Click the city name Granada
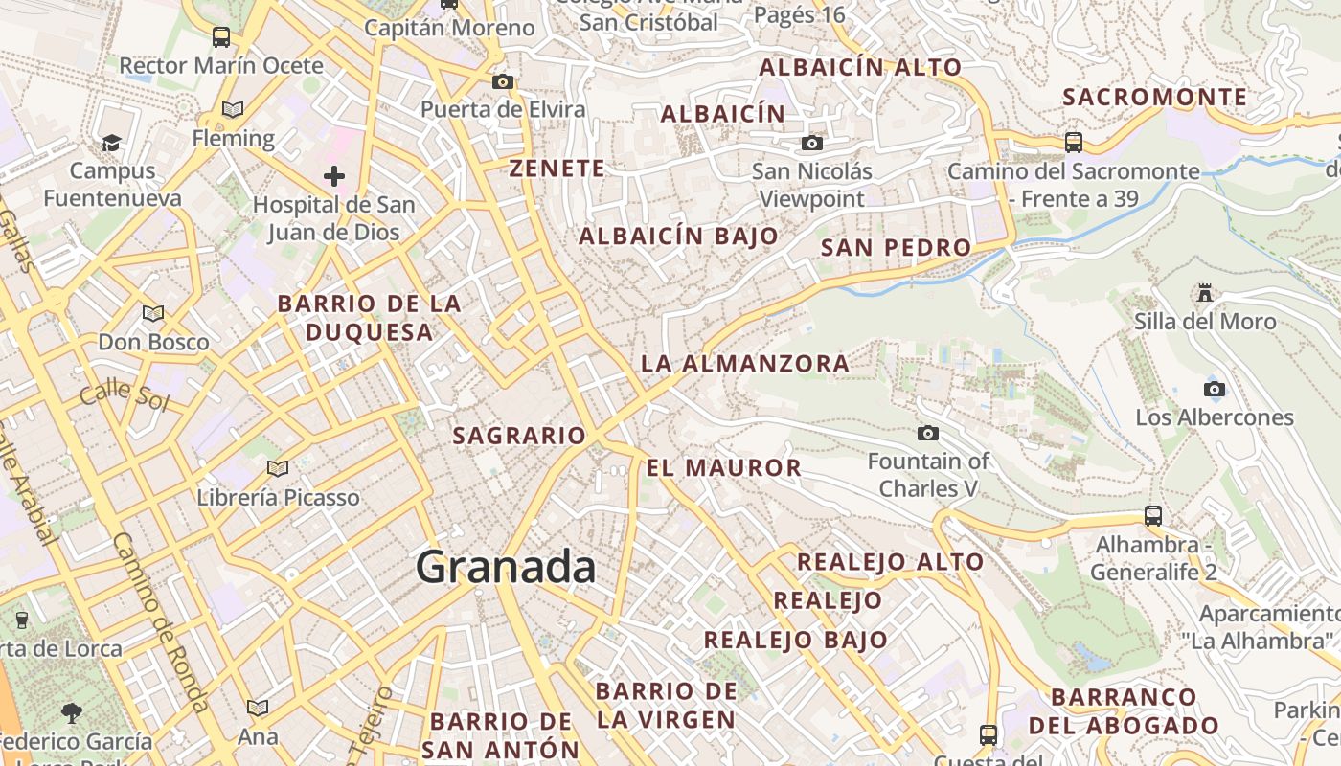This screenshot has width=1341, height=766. (506, 568)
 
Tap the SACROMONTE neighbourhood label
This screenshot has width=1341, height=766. (1155, 97)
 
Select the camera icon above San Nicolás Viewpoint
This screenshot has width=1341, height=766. (812, 144)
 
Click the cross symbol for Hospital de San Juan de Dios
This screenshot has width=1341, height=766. (333, 176)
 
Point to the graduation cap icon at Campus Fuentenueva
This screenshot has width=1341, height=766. (112, 144)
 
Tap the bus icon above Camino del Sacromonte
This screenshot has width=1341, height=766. (1074, 143)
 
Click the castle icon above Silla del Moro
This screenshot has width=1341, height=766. (1205, 293)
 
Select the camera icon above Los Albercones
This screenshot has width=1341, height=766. (1214, 389)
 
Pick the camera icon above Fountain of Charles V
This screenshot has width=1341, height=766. (927, 434)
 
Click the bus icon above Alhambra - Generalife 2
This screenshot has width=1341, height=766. (1153, 516)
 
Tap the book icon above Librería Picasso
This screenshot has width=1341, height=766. (278, 468)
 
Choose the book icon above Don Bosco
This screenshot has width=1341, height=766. (153, 313)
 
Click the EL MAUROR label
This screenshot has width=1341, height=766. (723, 467)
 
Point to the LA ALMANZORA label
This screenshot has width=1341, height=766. (744, 364)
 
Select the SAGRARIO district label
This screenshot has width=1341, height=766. (518, 436)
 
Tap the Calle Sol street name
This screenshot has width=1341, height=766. (124, 395)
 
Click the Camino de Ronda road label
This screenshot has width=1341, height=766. (160, 621)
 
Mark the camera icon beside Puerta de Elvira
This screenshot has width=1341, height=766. (503, 82)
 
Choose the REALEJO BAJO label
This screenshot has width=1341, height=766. (795, 640)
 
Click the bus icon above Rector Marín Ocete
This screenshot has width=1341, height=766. (221, 37)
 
